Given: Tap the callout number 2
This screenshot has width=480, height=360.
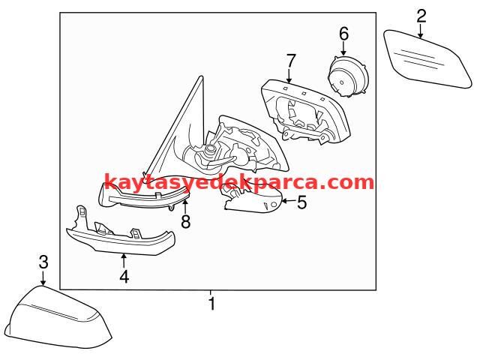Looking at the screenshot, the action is point(421,16).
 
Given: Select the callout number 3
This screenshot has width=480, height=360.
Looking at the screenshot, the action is point(43,262).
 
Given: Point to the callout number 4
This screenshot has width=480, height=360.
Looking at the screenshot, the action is point(124,277).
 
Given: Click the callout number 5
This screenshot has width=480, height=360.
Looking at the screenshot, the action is point(301,202).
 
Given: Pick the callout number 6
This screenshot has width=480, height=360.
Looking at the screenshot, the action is point(343,34).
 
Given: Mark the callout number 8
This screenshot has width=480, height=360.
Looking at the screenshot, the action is point(185,221).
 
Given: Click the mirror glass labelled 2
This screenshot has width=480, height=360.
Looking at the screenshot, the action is point(427,58).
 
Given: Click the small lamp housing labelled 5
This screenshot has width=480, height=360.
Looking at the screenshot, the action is point(253,200).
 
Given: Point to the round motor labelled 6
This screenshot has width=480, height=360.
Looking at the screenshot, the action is point(348,76).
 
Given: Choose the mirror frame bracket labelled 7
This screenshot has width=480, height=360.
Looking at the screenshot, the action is point(305,112).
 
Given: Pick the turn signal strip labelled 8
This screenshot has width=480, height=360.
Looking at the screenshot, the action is point(144,196).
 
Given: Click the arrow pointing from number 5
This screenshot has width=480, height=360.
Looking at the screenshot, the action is point(288,201).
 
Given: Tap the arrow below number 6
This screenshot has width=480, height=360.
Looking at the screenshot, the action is point(343,49).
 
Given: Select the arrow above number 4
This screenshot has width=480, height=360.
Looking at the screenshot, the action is point(124,261).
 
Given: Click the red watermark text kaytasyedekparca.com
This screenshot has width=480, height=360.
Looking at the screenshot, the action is point(238,181).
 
